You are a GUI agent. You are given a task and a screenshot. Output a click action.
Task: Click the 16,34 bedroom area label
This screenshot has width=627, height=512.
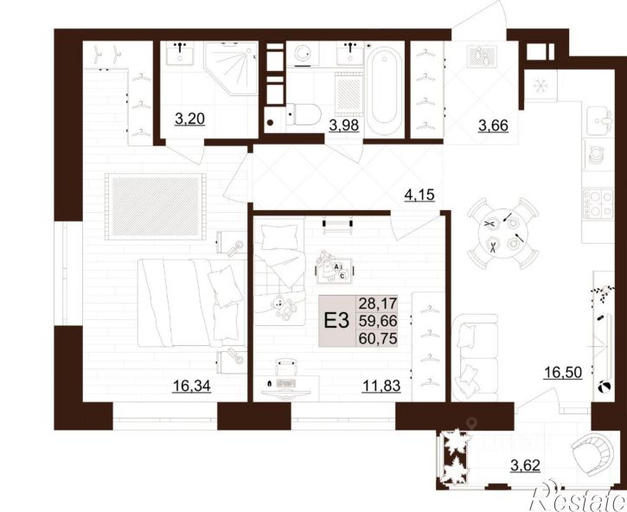[191, 386]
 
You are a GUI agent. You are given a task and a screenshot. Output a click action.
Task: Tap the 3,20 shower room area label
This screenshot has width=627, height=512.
[190, 118]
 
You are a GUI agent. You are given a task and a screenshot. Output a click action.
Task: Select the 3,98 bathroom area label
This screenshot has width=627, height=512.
[344, 125]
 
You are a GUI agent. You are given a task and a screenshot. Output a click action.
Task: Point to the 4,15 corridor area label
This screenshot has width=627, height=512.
[419, 195]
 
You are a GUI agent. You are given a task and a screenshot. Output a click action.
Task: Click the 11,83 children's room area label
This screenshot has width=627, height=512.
[381, 386]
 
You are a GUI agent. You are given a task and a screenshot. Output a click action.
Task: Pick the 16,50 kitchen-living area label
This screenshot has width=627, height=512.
[563, 372]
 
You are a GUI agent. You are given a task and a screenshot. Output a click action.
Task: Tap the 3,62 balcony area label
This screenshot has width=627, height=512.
[526, 465]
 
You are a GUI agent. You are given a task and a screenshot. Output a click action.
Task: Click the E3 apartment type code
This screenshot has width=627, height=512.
[336, 321]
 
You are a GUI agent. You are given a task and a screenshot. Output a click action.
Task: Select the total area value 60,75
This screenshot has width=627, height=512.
[378, 339]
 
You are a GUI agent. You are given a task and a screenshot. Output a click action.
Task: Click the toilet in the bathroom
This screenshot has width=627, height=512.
[304, 115]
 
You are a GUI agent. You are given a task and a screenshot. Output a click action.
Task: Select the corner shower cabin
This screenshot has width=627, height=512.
[231, 68]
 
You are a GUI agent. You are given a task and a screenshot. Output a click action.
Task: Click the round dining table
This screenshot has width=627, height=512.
[503, 234]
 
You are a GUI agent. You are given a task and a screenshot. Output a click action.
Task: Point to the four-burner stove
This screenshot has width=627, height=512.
[598, 203]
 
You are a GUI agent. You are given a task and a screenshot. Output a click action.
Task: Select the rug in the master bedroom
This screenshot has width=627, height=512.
[155, 207]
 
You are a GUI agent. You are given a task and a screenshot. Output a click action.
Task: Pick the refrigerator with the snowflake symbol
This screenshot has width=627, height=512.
[541, 86]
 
